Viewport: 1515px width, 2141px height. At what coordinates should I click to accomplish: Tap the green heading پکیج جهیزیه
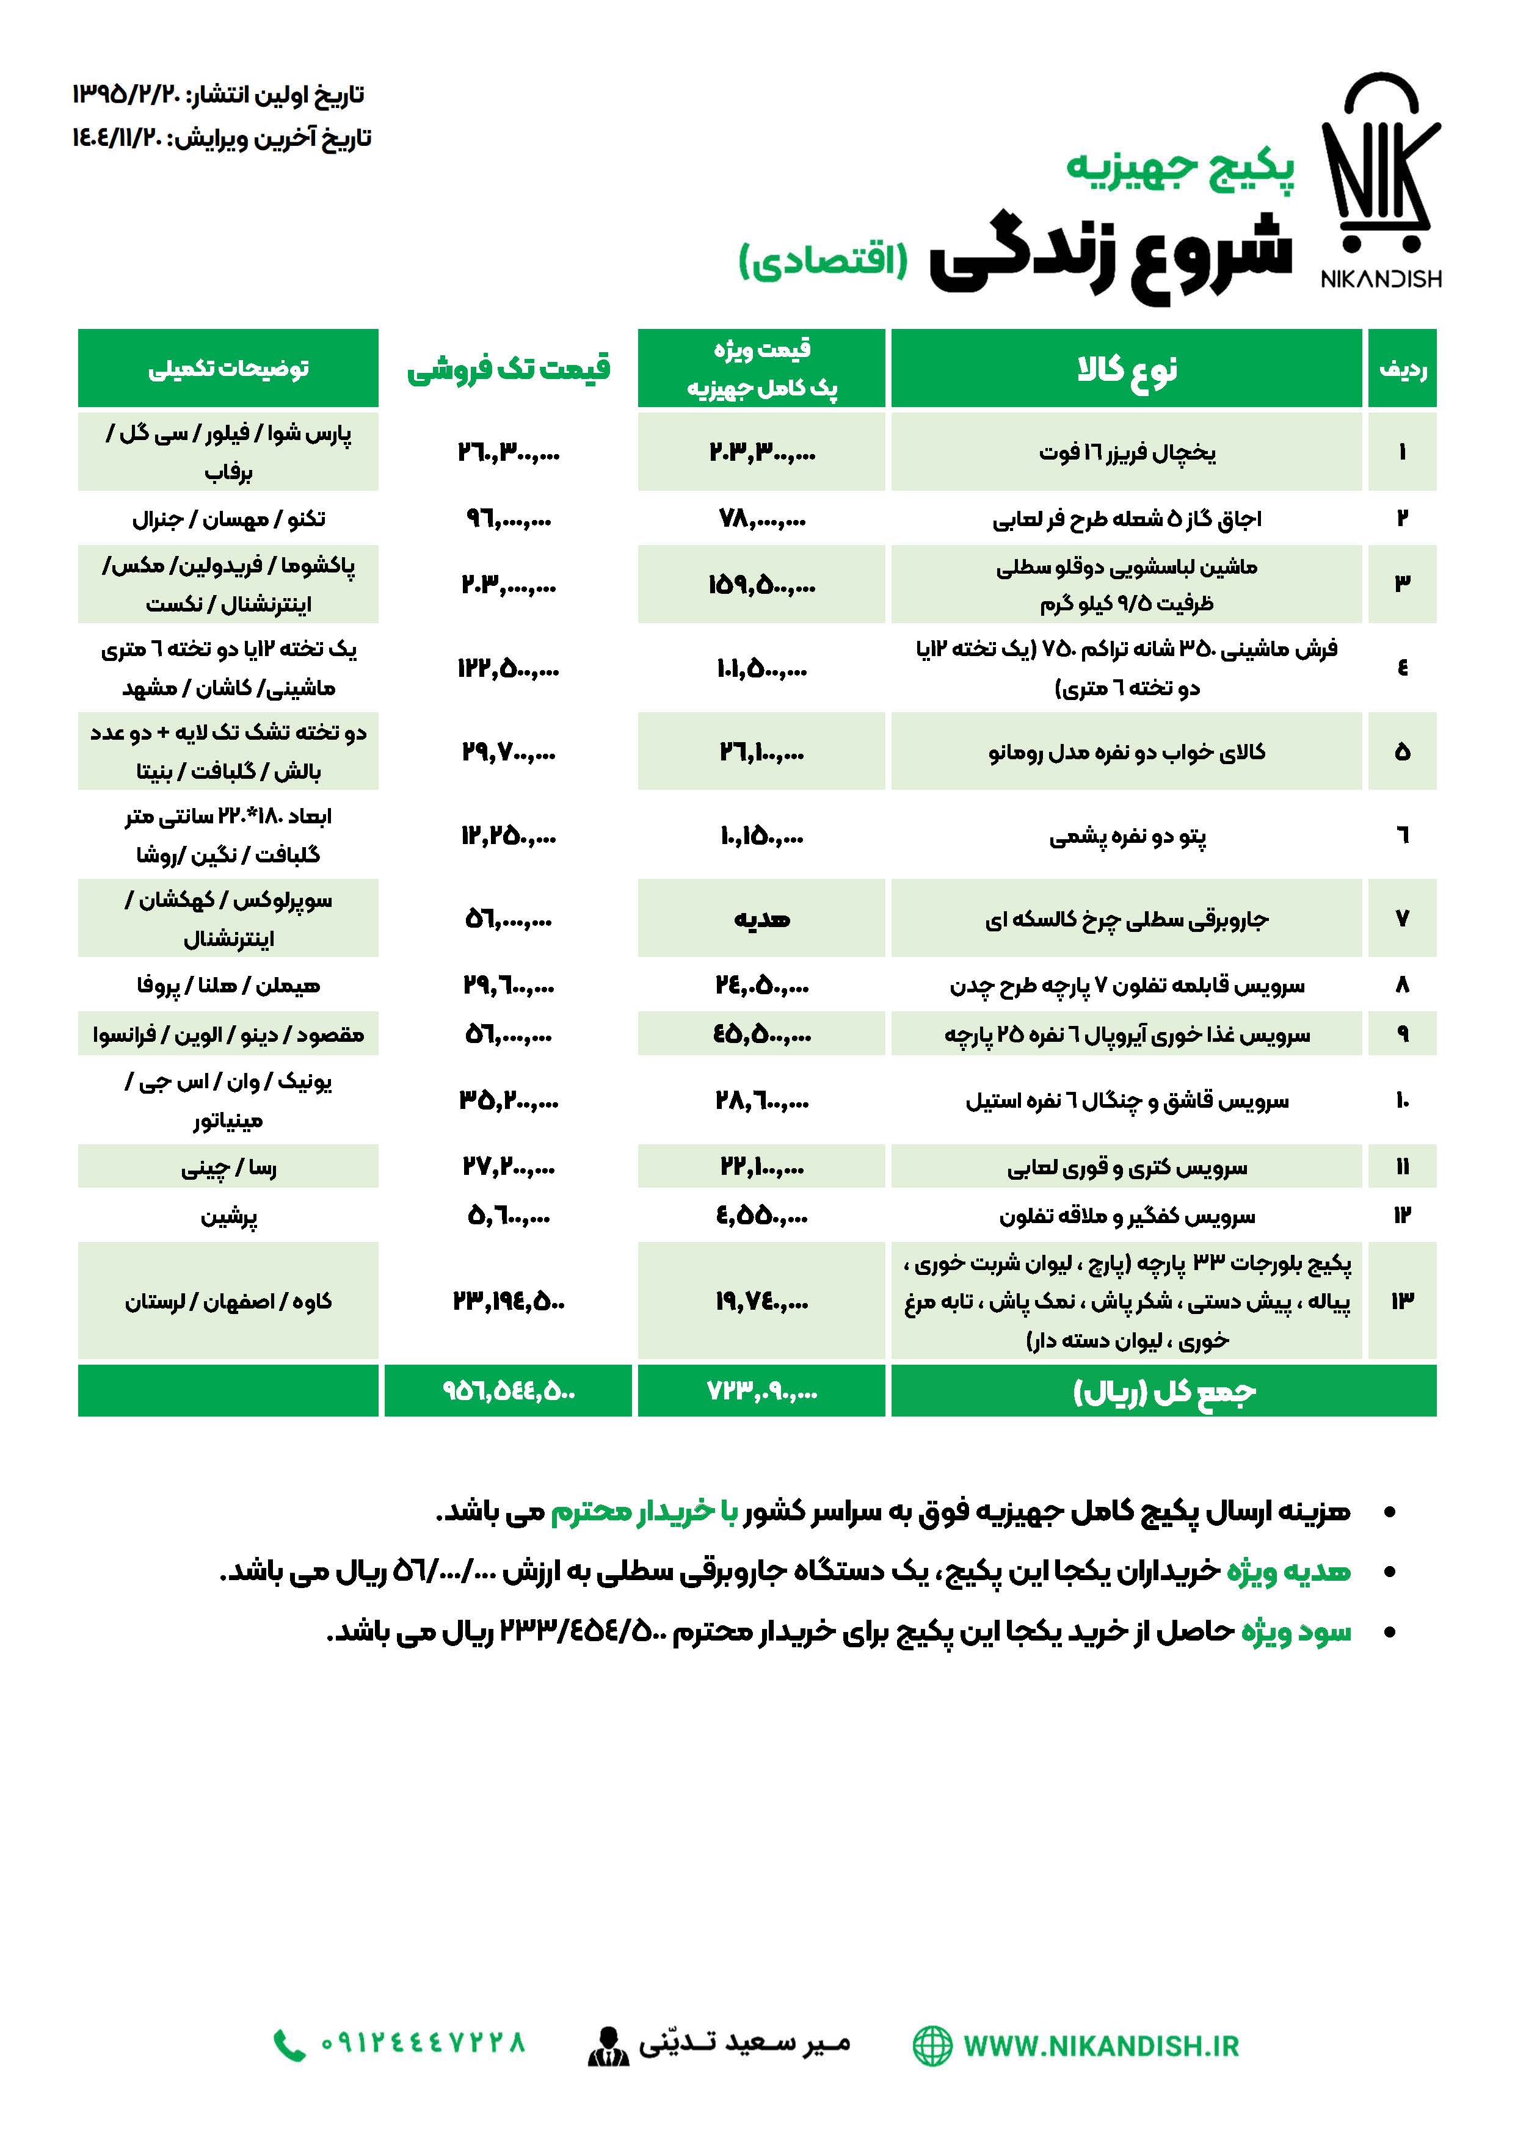coord(1180,168)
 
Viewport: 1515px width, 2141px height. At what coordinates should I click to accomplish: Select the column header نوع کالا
coord(1126,369)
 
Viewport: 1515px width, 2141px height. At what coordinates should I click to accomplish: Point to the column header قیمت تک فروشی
coord(509,369)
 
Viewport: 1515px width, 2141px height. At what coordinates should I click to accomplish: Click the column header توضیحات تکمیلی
coord(228,369)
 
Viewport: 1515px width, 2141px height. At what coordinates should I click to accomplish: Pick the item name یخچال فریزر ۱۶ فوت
coord(1127,453)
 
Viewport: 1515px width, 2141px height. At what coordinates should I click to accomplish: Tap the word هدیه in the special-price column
coord(761,919)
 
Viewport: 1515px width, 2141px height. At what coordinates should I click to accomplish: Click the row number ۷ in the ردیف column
coord(1401,919)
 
